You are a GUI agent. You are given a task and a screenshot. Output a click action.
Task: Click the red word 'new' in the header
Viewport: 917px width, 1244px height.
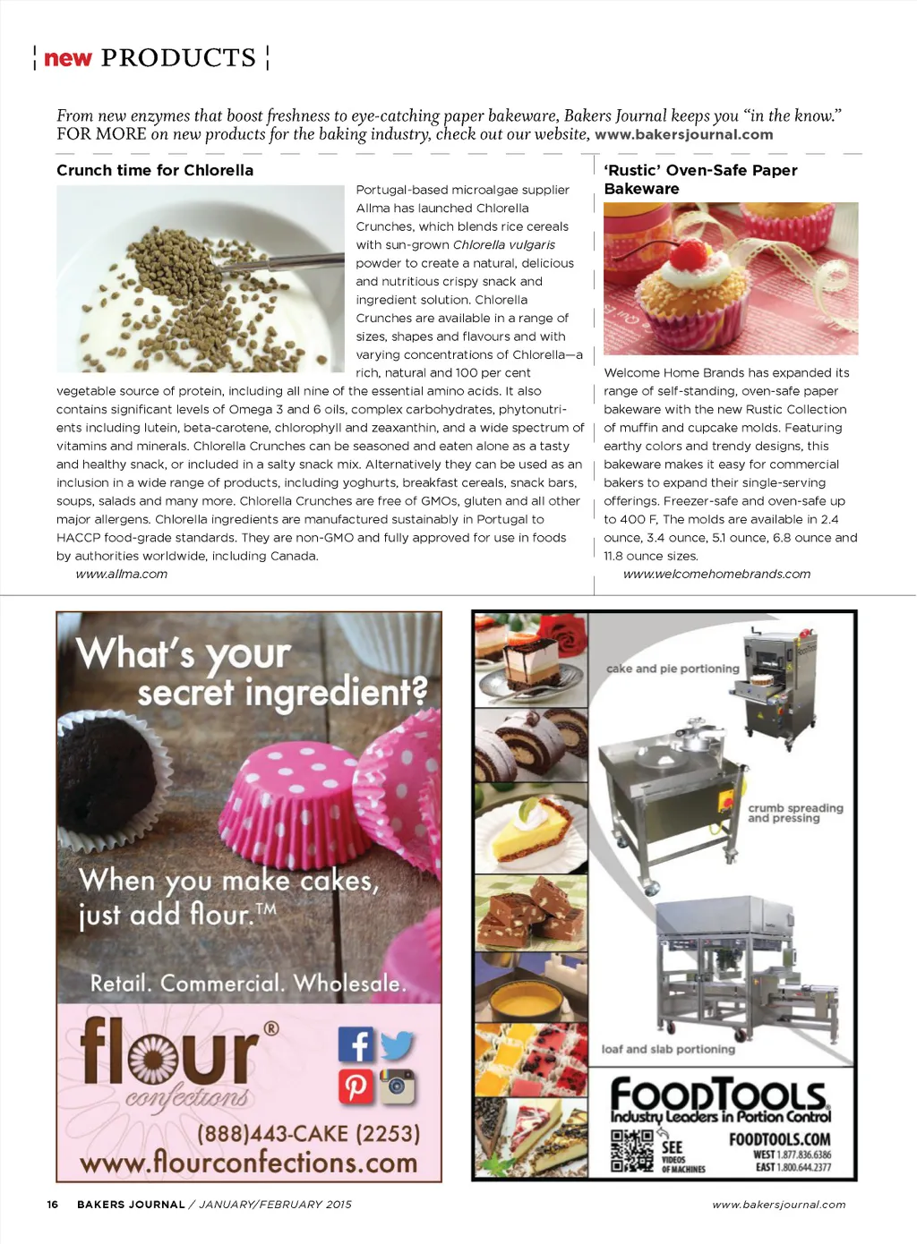(x=68, y=58)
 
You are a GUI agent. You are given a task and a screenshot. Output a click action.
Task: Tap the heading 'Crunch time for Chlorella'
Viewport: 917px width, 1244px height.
(x=155, y=170)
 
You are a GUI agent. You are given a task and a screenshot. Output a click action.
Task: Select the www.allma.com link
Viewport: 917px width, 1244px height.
(x=122, y=574)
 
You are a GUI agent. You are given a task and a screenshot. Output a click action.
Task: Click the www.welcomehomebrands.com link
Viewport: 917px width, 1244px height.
(x=716, y=574)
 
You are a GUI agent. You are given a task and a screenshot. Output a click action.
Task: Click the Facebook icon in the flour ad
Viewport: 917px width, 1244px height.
(x=356, y=1044)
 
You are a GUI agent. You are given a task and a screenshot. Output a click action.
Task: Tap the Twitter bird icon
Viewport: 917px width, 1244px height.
(x=397, y=1044)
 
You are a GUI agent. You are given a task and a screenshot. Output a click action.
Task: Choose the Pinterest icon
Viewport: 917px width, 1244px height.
(x=356, y=1086)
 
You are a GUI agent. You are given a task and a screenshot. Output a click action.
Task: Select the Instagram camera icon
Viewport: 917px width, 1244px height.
(x=397, y=1086)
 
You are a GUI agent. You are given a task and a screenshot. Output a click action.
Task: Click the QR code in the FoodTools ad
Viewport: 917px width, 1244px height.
(x=632, y=1150)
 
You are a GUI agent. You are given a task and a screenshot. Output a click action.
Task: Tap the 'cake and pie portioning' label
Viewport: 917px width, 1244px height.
(x=673, y=669)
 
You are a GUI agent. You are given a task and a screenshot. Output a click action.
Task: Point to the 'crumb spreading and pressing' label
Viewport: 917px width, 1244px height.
(x=795, y=813)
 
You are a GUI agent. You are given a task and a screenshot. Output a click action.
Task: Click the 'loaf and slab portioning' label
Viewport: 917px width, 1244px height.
(x=668, y=1049)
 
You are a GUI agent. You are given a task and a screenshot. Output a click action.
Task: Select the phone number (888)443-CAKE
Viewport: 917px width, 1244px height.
(x=308, y=1133)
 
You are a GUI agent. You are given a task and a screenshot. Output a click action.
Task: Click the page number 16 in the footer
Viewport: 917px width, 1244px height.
(x=53, y=1205)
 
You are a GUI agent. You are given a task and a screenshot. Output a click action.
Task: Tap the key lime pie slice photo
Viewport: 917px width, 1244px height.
(x=530, y=829)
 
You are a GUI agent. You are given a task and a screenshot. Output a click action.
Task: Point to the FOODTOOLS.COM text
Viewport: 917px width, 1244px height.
(x=779, y=1139)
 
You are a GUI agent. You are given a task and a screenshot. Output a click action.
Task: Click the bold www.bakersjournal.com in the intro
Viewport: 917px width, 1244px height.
(x=683, y=134)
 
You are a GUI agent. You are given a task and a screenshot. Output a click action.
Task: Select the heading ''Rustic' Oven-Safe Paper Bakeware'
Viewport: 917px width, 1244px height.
(x=700, y=179)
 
